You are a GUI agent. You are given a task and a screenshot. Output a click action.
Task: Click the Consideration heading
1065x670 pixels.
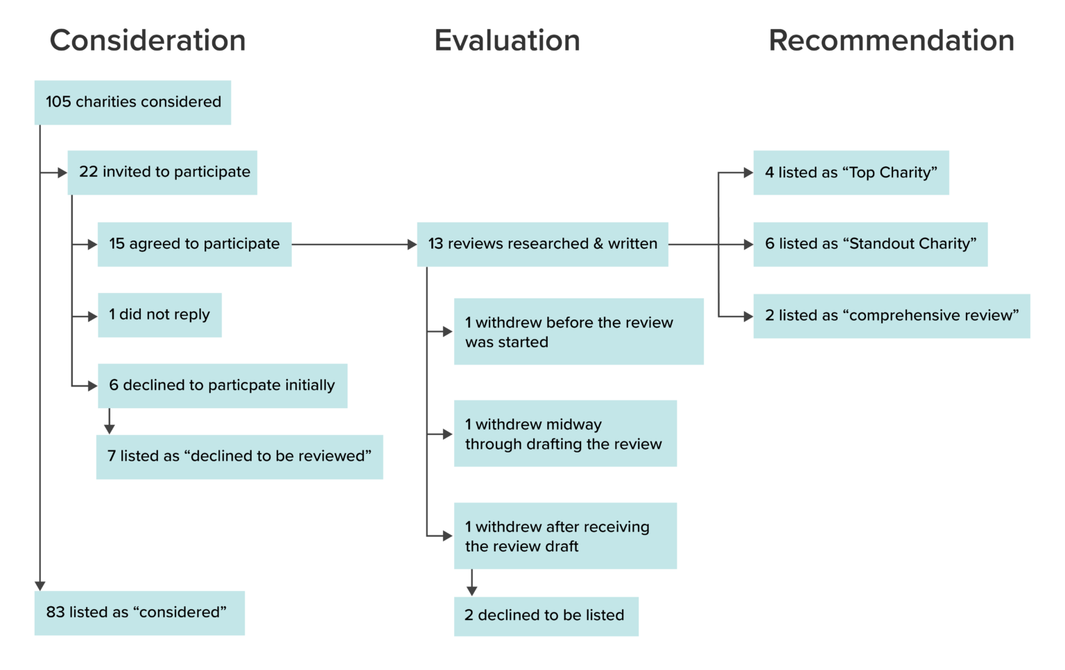pyautogui.click(x=147, y=41)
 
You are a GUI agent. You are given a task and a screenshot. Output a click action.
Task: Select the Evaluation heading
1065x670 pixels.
pyautogui.click(x=507, y=41)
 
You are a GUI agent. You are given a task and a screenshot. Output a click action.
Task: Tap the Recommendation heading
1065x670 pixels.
pyautogui.click(x=891, y=41)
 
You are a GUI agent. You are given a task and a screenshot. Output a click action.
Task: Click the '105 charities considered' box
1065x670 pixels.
pyautogui.click(x=132, y=103)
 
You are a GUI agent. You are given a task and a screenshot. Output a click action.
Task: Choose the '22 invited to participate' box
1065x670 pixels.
pyautogui.click(x=162, y=173)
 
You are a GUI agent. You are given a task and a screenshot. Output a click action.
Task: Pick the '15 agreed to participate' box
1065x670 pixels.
pyautogui.click(x=194, y=245)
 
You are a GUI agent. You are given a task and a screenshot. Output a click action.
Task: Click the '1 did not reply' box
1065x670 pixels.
pyautogui.click(x=159, y=315)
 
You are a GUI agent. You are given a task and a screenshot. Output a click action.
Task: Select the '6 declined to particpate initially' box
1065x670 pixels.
pyautogui.click(x=222, y=386)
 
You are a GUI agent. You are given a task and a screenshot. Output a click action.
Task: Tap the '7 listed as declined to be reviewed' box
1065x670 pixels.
pyautogui.click(x=239, y=457)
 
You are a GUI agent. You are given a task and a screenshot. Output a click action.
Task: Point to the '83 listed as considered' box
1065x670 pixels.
pyautogui.click(x=139, y=613)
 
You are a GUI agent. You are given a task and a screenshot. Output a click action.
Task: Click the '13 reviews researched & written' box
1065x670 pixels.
pyautogui.click(x=542, y=245)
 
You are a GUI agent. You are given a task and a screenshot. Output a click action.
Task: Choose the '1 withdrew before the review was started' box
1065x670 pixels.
pyautogui.click(x=578, y=332)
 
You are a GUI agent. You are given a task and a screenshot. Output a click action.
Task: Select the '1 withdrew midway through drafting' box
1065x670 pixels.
pyautogui.click(x=565, y=434)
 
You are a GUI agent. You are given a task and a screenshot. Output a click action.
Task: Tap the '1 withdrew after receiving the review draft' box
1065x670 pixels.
pyautogui.click(x=565, y=536)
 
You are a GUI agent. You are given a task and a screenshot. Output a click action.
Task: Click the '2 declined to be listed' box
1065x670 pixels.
pyautogui.click(x=546, y=616)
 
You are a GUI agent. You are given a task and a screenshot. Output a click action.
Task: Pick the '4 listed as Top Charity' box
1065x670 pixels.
pyautogui.click(x=851, y=173)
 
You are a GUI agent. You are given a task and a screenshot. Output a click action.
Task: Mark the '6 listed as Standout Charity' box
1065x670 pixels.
pyautogui.click(x=870, y=245)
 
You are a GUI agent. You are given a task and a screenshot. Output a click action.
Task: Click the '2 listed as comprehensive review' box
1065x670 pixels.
pyautogui.click(x=892, y=316)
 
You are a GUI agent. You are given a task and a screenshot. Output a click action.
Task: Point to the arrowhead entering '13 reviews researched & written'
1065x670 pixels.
pyautogui.click(x=412, y=245)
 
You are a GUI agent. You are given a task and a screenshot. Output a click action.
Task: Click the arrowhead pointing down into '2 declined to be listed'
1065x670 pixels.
pyautogui.click(x=472, y=591)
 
